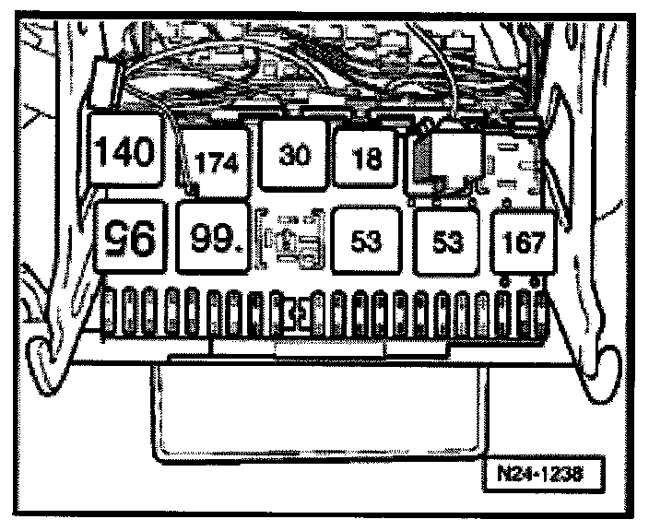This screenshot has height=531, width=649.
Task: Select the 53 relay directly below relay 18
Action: (x=366, y=242)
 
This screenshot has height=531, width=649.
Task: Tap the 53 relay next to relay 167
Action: (x=447, y=242)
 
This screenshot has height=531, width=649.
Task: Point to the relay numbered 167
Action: (x=523, y=242)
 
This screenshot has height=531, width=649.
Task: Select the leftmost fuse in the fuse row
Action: (x=109, y=312)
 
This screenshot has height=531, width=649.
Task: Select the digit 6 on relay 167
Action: (x=524, y=242)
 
